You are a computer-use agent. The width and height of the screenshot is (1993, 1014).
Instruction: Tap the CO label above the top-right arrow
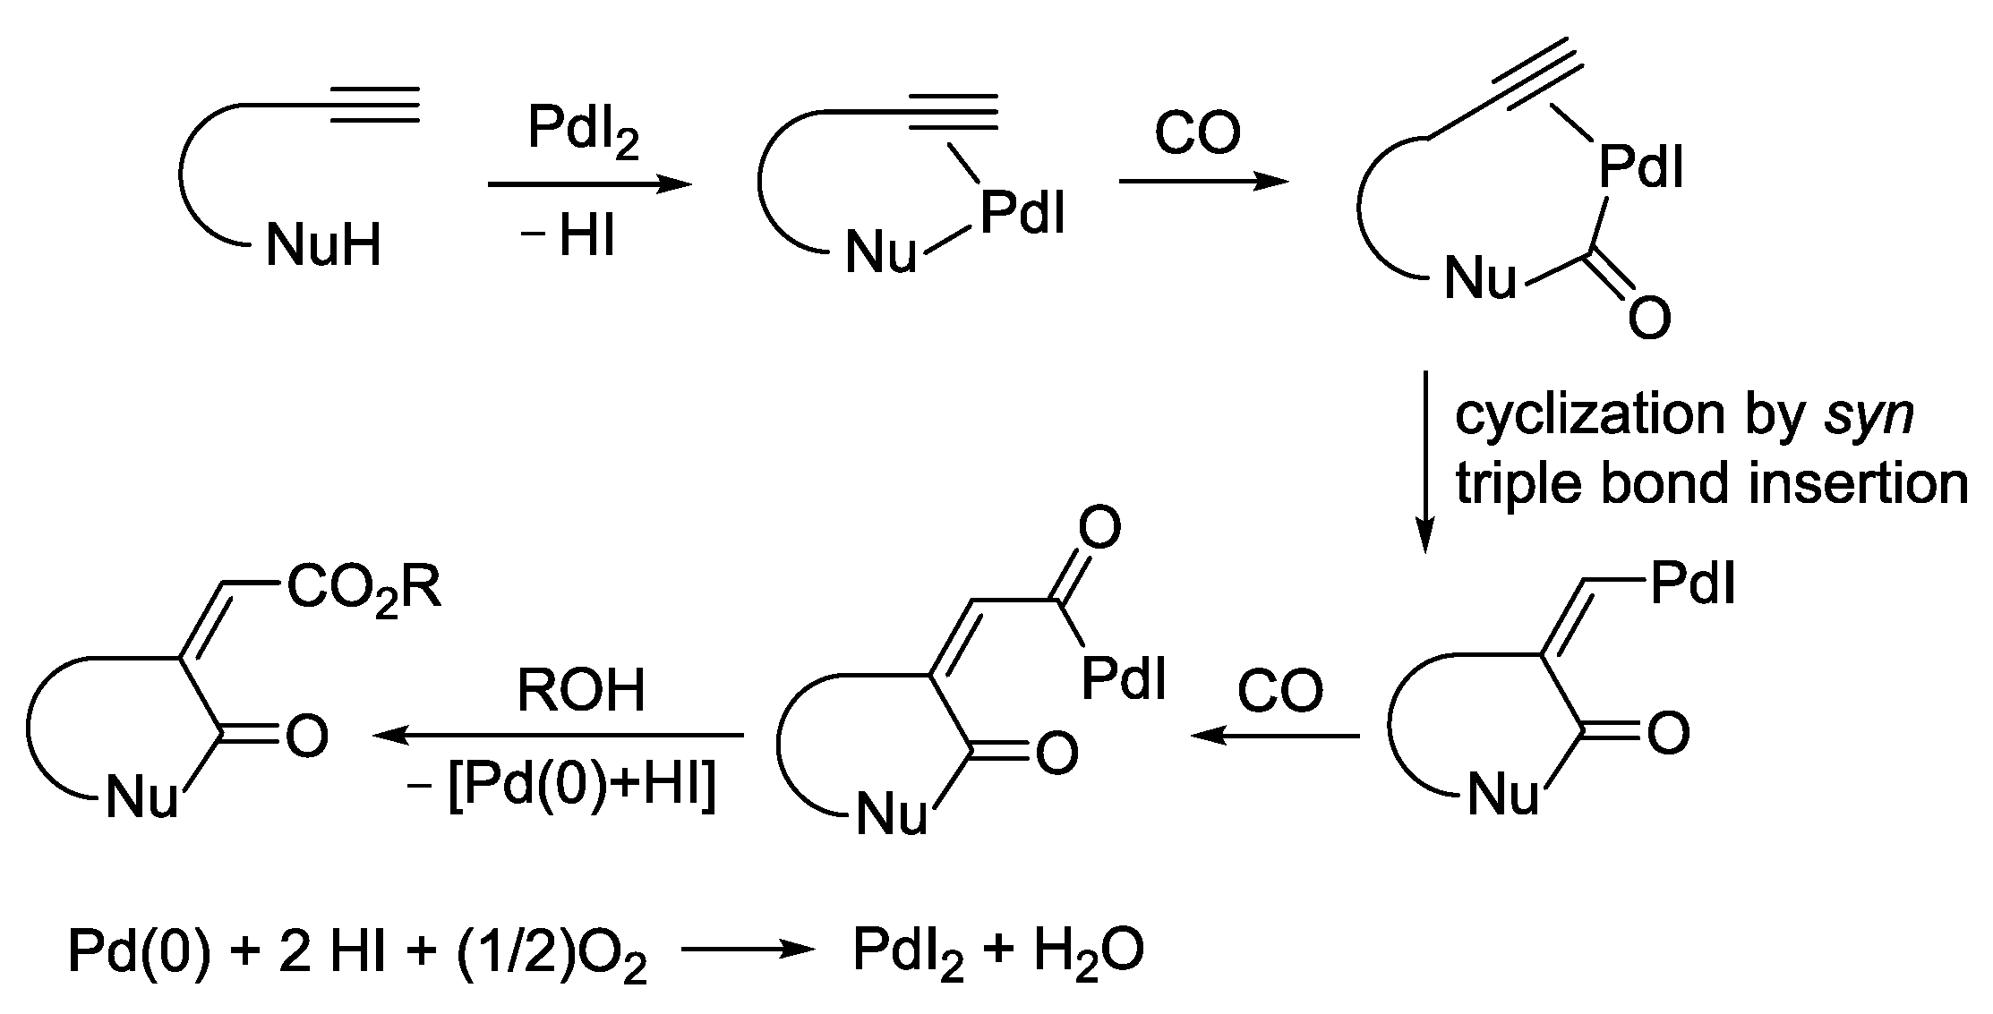(1198, 134)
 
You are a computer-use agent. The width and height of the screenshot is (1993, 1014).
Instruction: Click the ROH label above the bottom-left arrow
(582, 692)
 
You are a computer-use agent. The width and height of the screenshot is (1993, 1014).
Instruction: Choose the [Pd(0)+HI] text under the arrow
(582, 789)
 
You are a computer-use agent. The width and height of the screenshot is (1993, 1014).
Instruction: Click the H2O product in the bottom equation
(1089, 951)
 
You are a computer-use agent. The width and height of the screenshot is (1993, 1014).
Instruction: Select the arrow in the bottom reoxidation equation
(747, 951)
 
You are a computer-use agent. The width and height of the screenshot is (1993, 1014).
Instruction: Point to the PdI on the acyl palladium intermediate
(1124, 678)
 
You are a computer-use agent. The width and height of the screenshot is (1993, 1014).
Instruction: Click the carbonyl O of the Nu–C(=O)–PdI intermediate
(1648, 318)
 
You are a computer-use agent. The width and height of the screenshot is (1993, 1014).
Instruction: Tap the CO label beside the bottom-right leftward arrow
(1280, 692)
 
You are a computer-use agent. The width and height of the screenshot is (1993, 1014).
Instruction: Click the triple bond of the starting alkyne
(376, 105)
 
